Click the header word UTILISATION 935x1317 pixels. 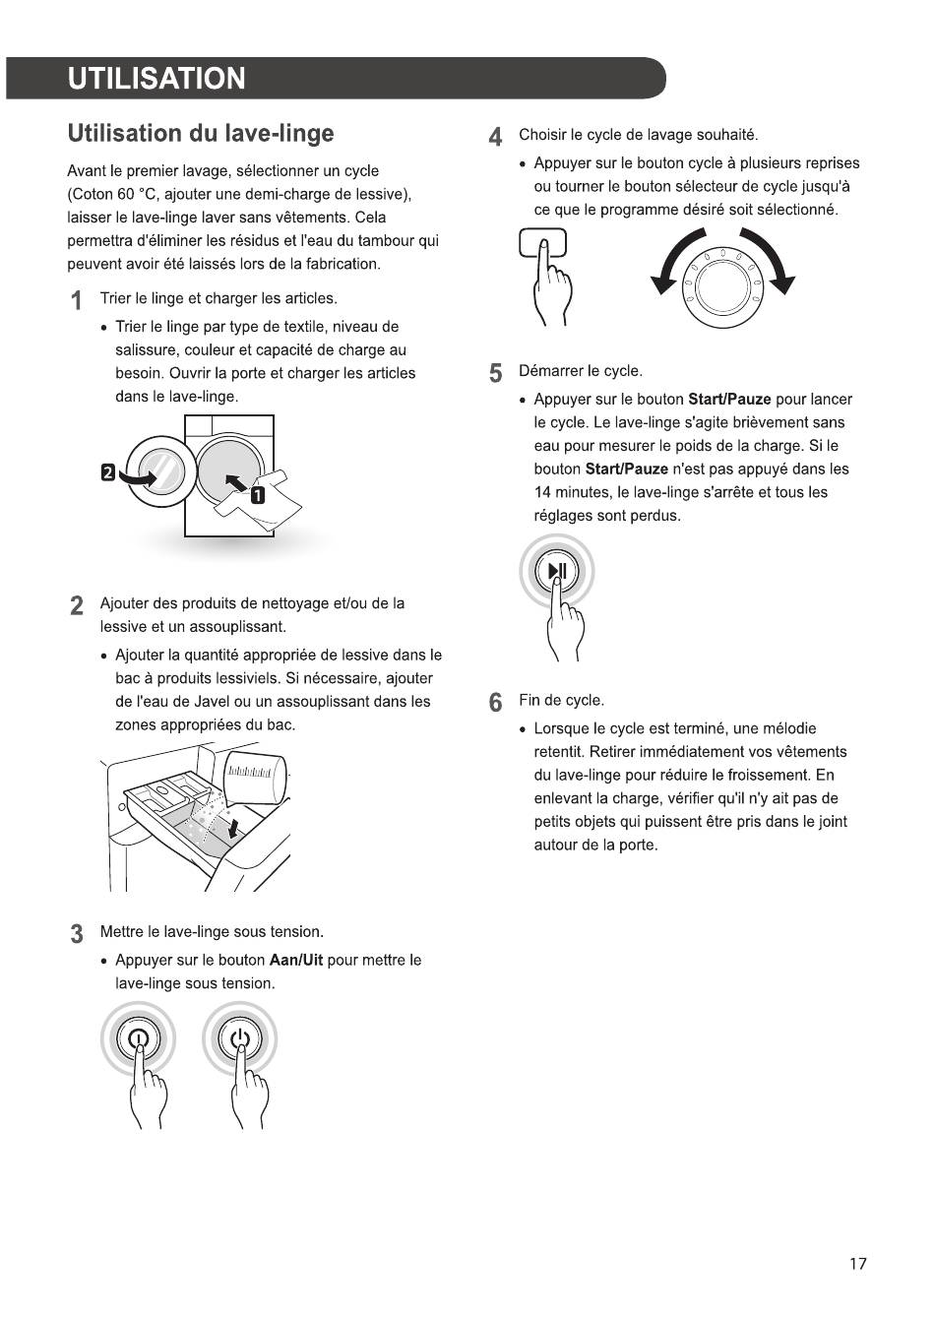click(x=156, y=79)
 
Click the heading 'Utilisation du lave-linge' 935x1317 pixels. click(x=200, y=133)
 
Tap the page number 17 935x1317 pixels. click(x=858, y=1264)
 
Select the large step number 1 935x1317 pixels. click(x=76, y=301)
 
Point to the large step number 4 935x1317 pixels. click(x=496, y=137)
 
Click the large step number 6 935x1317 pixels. click(x=496, y=703)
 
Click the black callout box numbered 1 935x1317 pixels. click(x=257, y=495)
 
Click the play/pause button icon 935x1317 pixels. click(x=557, y=571)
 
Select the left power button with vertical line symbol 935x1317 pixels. click(x=138, y=1038)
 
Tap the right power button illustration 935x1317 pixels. click(x=240, y=1038)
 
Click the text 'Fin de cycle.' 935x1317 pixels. click(x=561, y=700)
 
